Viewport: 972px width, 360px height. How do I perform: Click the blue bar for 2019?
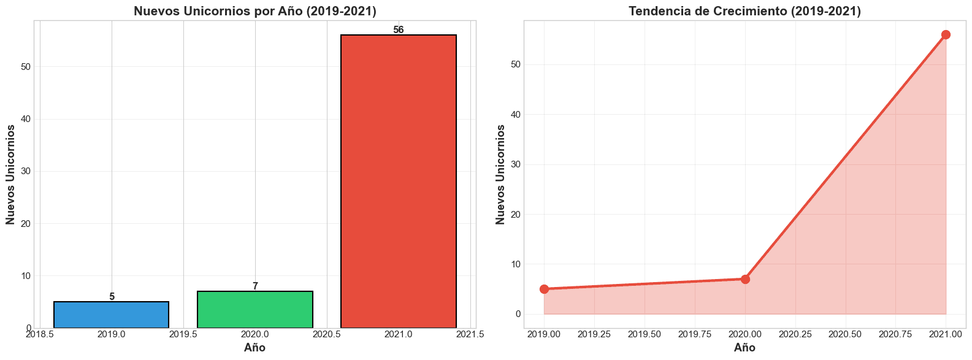[x=111, y=315]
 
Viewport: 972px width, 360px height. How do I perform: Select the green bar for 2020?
[x=254, y=310]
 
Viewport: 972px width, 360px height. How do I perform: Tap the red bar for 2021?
[x=398, y=182]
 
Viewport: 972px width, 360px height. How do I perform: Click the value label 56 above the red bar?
[x=398, y=30]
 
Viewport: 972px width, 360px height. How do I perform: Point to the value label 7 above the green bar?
[x=255, y=286]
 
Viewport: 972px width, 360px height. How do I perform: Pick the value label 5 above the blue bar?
[x=112, y=297]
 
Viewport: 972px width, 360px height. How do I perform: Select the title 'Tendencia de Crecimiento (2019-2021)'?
[x=744, y=11]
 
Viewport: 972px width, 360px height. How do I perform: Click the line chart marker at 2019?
[x=544, y=289]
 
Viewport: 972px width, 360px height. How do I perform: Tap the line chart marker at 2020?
[x=745, y=279]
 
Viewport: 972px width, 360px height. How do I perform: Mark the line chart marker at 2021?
[x=946, y=34]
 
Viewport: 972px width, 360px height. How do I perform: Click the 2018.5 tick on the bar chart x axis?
[x=40, y=334]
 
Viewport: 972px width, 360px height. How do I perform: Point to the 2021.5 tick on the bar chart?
[x=470, y=334]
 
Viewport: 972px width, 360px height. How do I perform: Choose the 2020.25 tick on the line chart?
[x=795, y=334]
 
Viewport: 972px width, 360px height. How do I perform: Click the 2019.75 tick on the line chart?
[x=694, y=334]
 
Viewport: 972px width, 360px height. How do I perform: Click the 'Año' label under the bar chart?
[x=254, y=348]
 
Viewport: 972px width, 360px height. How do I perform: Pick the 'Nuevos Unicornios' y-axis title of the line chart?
[x=500, y=174]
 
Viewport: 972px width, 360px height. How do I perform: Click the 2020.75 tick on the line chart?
[x=895, y=334]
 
